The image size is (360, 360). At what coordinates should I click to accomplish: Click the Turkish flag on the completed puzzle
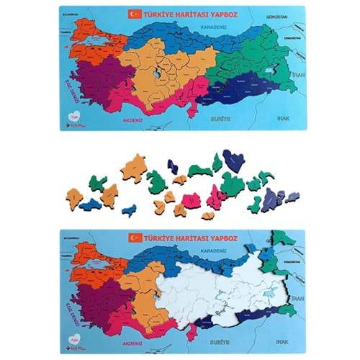point(133,13)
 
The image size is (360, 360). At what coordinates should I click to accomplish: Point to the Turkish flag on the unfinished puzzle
point(133,237)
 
